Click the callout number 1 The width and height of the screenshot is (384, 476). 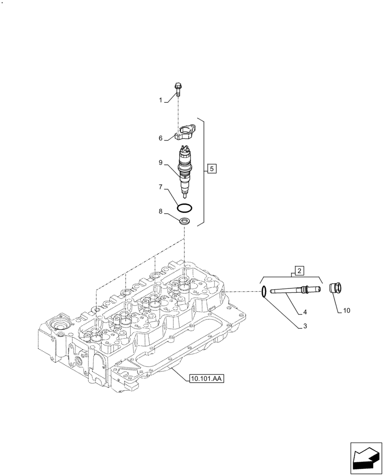161,100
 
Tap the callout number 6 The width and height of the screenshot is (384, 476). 161,138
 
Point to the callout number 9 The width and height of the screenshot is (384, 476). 161,163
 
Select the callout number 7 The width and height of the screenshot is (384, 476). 161,188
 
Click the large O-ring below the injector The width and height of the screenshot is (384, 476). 184,208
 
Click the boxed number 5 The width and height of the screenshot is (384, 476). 212,169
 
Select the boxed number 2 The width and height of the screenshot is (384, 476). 299,271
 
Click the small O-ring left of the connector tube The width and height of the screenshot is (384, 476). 263,291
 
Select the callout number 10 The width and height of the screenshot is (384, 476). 346,311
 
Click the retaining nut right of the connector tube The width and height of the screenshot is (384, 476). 336,288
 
